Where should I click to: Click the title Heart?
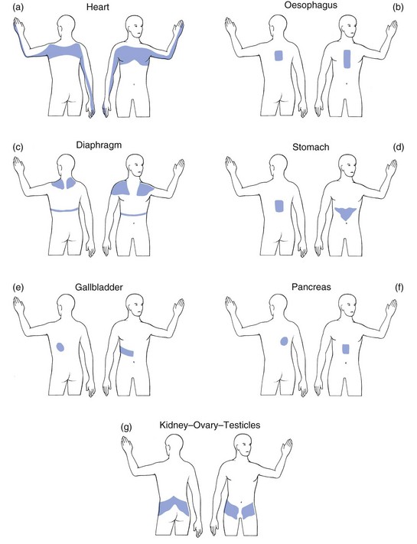pos(98,7)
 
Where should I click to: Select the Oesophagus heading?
pos(311,5)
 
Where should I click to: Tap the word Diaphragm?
pos(99,145)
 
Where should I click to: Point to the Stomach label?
pos(311,147)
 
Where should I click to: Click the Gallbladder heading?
pos(99,287)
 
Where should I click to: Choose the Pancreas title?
pos(311,287)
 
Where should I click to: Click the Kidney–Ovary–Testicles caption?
pos(210,425)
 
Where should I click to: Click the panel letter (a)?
pos(18,7)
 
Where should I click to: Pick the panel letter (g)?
pos(126,427)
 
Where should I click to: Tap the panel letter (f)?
pos(399,288)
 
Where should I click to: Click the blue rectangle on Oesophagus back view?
pos(279,56)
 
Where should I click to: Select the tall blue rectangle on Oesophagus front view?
pos(347,59)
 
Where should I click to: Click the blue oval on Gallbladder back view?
pos(60,347)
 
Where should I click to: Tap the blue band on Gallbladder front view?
pos(127,351)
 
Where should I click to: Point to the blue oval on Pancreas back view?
pos(284,341)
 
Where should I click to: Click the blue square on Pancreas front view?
pos(346,349)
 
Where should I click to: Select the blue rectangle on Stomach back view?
pos(279,206)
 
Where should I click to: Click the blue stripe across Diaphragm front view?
pos(133,215)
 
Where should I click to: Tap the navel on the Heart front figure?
pos(135,84)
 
